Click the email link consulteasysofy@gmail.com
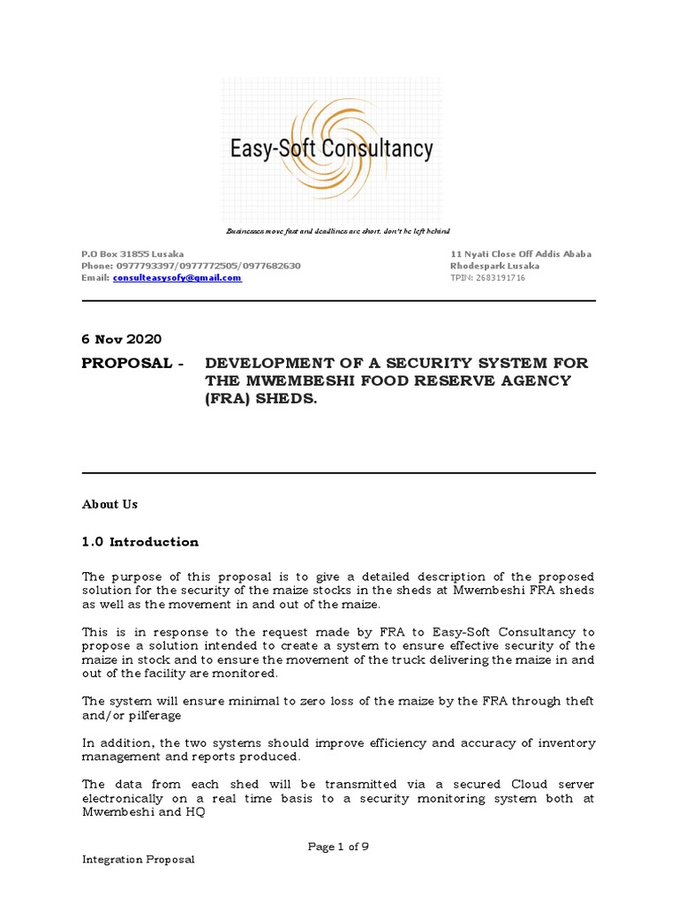point(177,277)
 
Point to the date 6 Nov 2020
point(122,339)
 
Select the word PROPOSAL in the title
point(127,364)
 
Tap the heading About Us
point(109,504)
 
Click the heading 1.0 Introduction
point(140,542)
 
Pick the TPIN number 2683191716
point(487,277)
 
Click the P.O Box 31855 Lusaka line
point(132,254)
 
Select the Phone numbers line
point(191,266)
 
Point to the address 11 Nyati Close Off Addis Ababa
point(521,254)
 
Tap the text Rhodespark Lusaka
point(494,266)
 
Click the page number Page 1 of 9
point(338,847)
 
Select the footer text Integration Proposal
point(138,860)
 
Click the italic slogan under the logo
point(338,231)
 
